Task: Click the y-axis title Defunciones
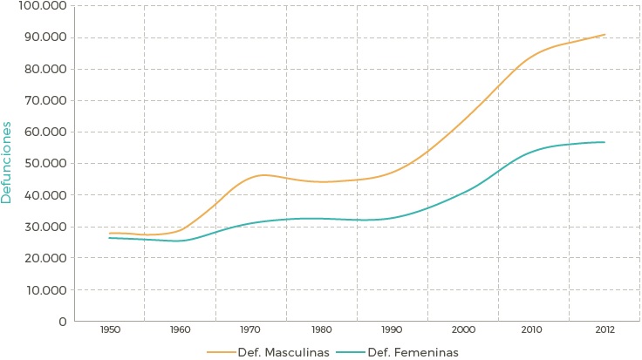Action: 7,162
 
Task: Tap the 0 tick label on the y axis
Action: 62,322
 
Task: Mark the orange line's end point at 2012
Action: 604,35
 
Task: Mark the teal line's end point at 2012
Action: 604,142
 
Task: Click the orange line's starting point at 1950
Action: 110,233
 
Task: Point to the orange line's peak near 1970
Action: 263,175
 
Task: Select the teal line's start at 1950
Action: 110,238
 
